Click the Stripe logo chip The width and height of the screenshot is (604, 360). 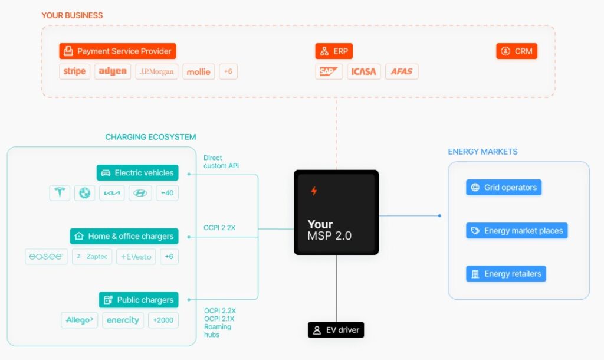click(x=74, y=71)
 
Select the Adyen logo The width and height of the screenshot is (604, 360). click(x=113, y=71)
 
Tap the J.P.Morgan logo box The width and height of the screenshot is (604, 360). click(x=156, y=71)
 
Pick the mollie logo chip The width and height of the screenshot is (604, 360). click(x=199, y=71)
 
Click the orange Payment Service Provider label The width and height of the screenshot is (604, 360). click(x=118, y=51)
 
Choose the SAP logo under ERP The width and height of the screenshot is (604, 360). click(x=329, y=71)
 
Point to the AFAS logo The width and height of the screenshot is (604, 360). click(x=402, y=71)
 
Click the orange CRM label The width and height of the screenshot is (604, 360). click(x=517, y=51)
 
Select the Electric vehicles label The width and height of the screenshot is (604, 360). click(x=137, y=173)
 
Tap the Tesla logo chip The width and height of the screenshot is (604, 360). click(x=60, y=193)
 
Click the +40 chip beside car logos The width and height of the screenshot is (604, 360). click(x=168, y=193)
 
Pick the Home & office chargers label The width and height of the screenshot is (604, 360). click(x=124, y=236)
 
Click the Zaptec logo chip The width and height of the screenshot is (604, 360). click(x=92, y=257)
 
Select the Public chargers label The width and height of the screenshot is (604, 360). click(x=139, y=300)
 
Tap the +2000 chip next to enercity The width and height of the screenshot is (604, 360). click(x=163, y=320)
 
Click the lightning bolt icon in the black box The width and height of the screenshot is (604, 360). click(x=314, y=191)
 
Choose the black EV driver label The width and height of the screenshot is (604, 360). click(x=336, y=330)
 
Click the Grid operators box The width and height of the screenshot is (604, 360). click(x=504, y=188)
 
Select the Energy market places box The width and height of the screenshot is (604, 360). click(x=517, y=231)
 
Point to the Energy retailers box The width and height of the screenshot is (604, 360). click(x=506, y=274)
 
